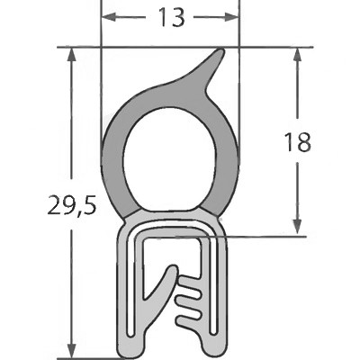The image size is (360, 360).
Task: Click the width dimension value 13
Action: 170,17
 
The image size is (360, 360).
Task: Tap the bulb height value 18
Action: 302,141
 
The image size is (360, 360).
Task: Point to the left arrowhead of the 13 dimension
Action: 106,17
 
